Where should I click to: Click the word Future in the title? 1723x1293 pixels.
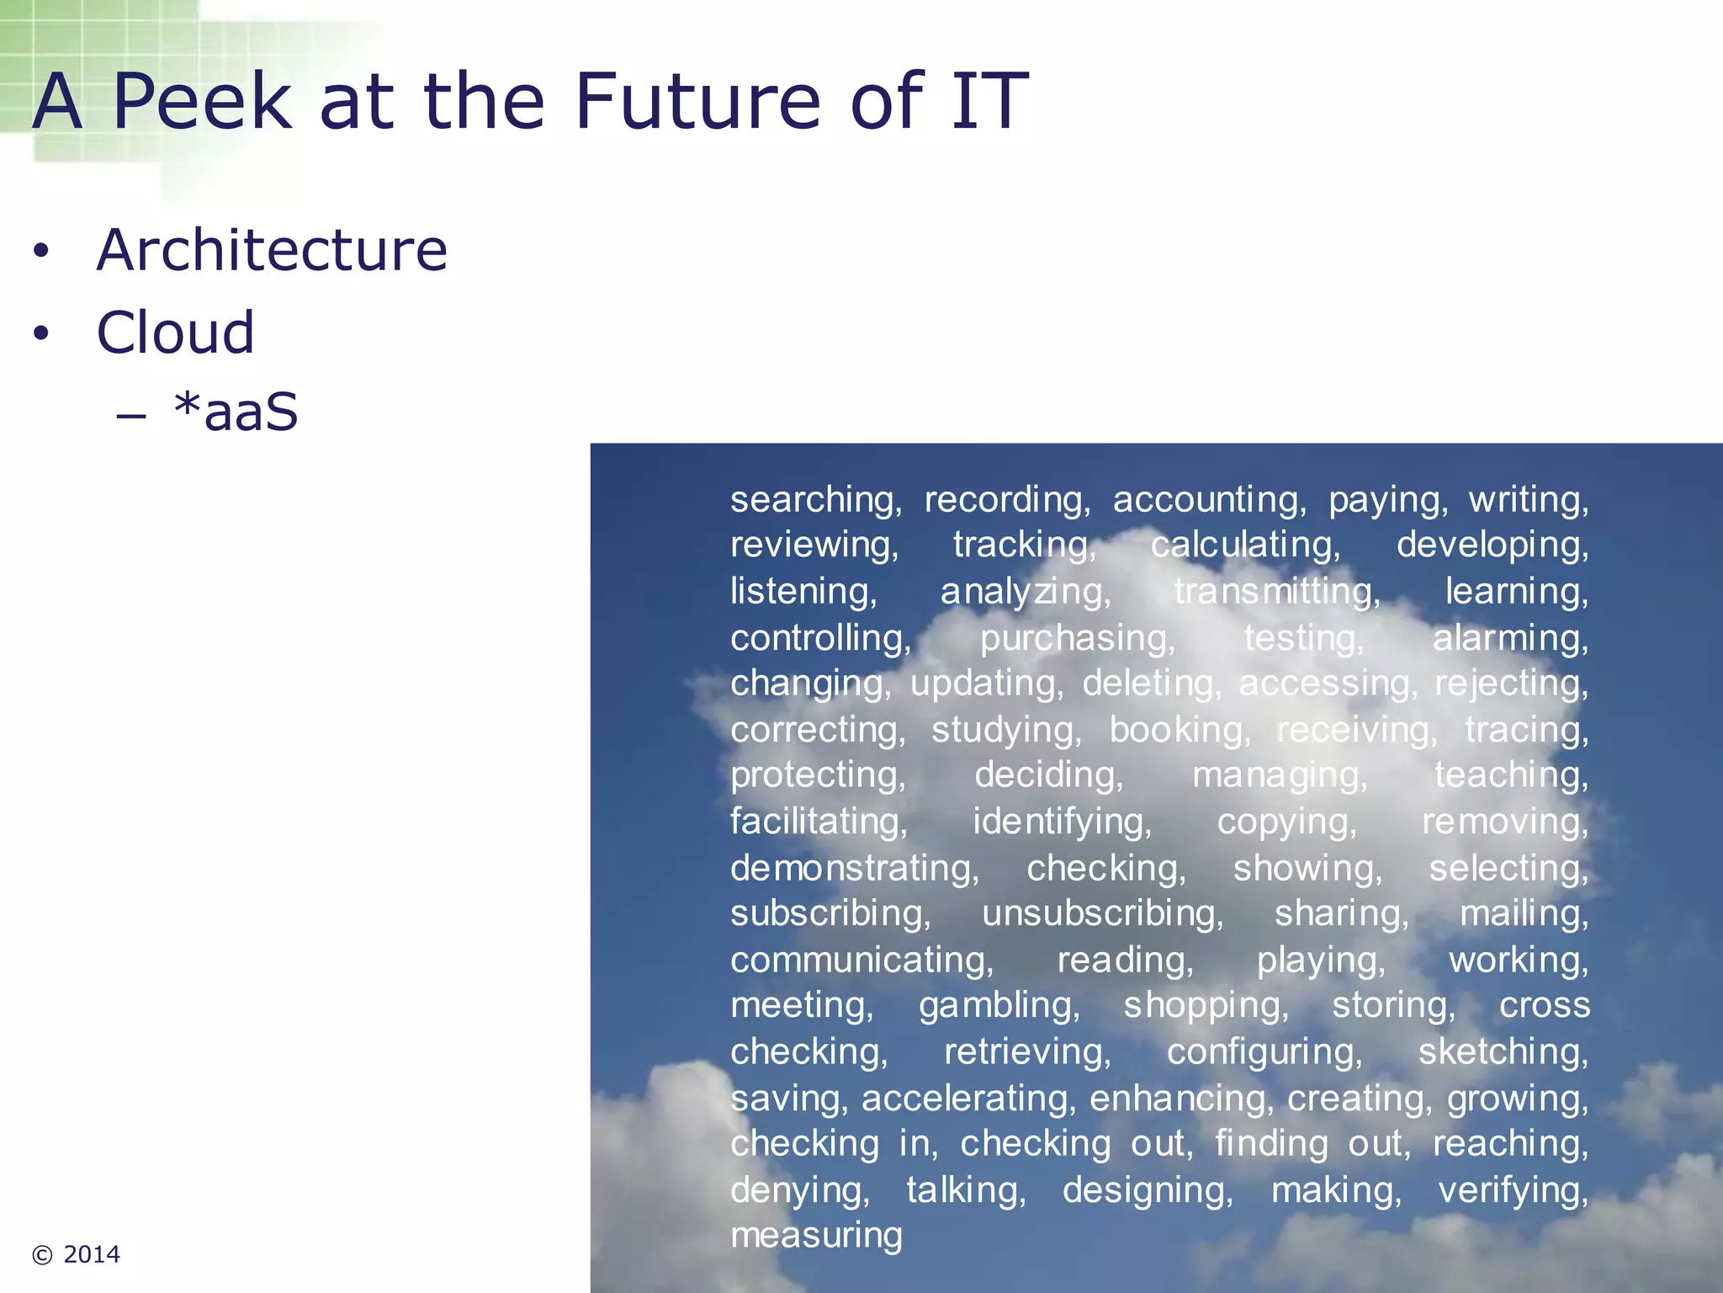pyautogui.click(x=697, y=102)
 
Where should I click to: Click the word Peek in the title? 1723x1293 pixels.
pyautogui.click(x=201, y=102)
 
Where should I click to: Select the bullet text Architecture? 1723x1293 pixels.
pyautogui.click(x=272, y=250)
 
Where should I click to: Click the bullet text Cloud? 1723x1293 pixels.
pyautogui.click(x=175, y=333)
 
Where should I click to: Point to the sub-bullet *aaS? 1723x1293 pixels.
pyautogui.click(x=236, y=412)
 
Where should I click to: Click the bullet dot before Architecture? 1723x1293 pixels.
pyautogui.click(x=41, y=252)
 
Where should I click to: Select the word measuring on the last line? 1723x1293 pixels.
pyautogui.click(x=816, y=1235)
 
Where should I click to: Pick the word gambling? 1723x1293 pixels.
pyautogui.click(x=999, y=1005)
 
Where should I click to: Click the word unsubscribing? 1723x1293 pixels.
pyautogui.click(x=1102, y=913)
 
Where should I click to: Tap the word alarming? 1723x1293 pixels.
pyautogui.click(x=1510, y=638)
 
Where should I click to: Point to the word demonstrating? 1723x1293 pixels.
pyautogui.click(x=854, y=868)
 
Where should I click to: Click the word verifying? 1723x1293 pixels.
pyautogui.click(x=1513, y=1190)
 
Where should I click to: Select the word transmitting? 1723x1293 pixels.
pyautogui.click(x=1277, y=592)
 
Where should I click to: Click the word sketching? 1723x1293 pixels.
pyautogui.click(x=1503, y=1051)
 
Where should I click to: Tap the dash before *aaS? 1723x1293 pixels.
pyautogui.click(x=132, y=415)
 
